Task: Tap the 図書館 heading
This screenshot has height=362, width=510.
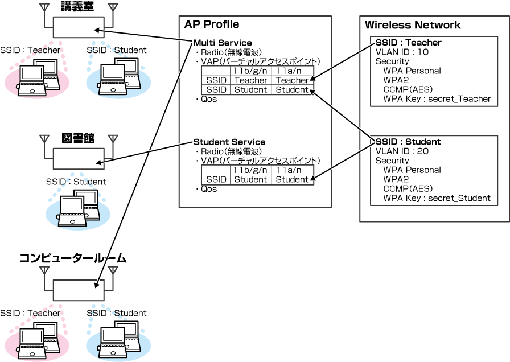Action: [77, 138]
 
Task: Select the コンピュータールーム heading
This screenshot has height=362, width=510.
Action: [73, 258]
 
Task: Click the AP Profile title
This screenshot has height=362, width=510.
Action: [212, 24]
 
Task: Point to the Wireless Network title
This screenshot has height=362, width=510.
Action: [413, 25]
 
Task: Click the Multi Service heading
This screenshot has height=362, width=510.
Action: [223, 43]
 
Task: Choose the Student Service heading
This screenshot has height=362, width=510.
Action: [229, 142]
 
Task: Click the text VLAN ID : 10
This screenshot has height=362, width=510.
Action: [402, 52]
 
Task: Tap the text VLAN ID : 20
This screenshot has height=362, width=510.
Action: [402, 151]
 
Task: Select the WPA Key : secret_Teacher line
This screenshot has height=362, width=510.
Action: [437, 98]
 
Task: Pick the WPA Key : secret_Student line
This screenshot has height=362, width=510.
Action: [437, 198]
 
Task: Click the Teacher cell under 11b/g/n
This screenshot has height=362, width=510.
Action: [250, 80]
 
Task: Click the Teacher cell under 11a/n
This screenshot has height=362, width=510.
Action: [291, 80]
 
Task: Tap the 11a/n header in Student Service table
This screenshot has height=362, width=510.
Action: [291, 170]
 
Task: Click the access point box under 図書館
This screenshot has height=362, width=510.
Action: [79, 159]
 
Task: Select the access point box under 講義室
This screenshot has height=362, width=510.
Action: [79, 27]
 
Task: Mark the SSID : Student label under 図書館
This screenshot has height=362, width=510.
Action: [76, 182]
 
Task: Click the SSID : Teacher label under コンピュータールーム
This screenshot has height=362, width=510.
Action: [30, 313]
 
